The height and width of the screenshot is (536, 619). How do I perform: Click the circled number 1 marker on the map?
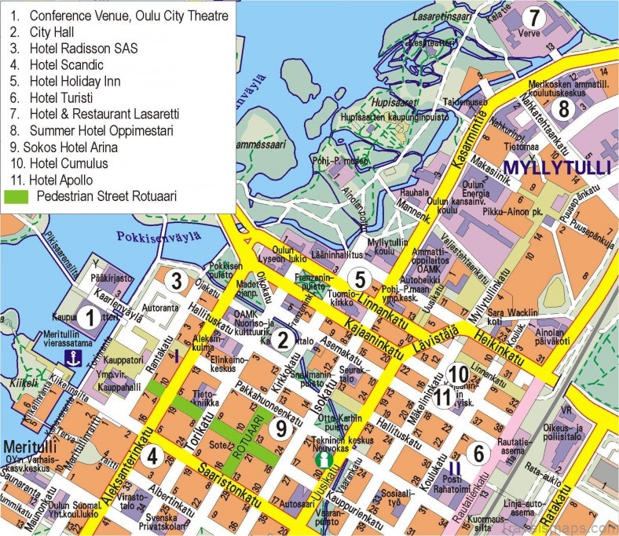pyautogui.click(x=90, y=318)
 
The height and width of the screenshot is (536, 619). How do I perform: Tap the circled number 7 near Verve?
pyautogui.click(x=534, y=17)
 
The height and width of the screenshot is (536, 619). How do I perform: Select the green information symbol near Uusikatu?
pyautogui.click(x=320, y=460)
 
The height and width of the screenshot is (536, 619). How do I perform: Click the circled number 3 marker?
pyautogui.click(x=178, y=280)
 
